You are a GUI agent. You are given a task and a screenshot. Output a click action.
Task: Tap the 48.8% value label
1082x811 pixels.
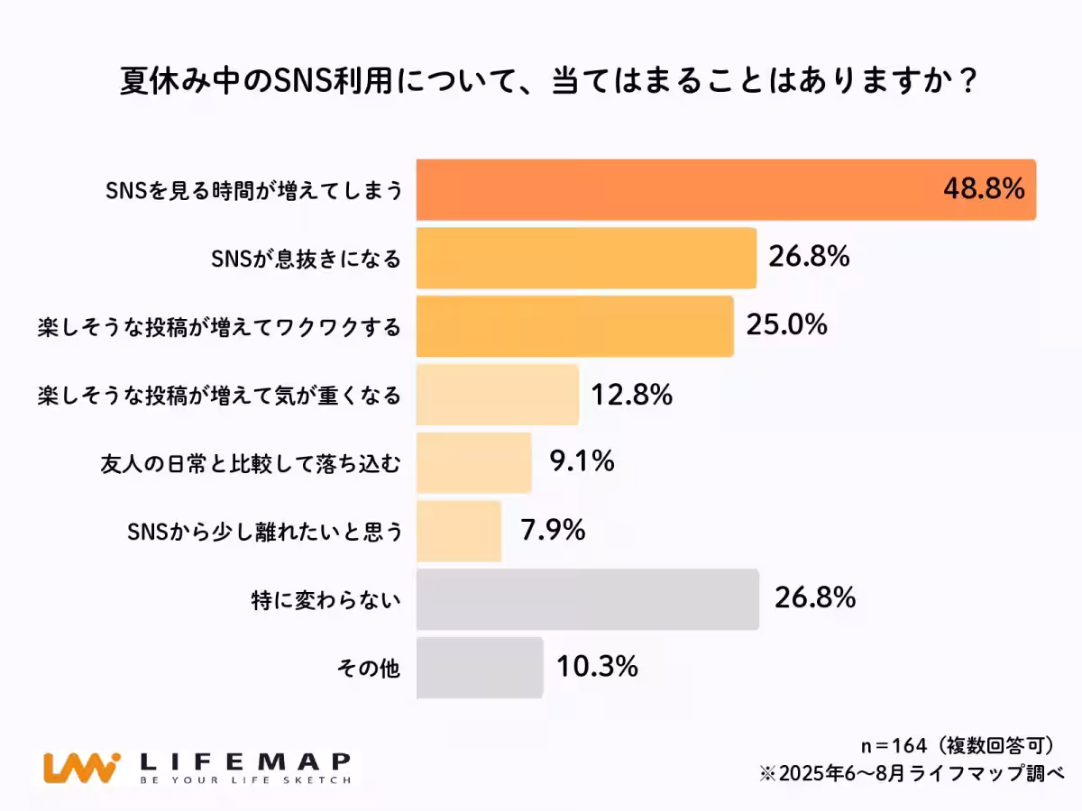click(984, 188)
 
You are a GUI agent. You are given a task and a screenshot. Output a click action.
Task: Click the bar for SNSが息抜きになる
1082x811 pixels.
click(586, 258)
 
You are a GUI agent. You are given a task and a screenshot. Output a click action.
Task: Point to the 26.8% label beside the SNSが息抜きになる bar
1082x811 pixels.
click(809, 257)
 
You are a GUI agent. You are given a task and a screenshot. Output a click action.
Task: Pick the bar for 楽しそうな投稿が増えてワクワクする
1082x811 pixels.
click(574, 325)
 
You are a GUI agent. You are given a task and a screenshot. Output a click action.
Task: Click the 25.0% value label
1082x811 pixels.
click(786, 324)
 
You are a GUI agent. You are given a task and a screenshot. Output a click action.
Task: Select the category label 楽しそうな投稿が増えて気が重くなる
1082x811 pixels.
click(219, 395)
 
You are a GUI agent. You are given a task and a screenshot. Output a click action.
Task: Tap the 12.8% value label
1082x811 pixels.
click(631, 394)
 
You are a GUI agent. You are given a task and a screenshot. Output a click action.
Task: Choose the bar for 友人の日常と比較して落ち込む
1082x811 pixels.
click(473, 462)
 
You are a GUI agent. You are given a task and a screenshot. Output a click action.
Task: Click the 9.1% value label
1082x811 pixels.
click(582, 461)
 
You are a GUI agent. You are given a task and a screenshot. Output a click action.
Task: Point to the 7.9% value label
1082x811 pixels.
click(553, 530)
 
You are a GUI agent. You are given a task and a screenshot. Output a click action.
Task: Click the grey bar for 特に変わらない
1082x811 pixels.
click(587, 599)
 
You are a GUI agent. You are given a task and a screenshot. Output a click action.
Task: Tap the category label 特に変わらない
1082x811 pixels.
click(326, 600)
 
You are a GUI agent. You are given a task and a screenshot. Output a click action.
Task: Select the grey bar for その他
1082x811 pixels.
click(480, 668)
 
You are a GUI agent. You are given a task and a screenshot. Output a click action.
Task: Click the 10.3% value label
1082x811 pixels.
click(597, 667)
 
